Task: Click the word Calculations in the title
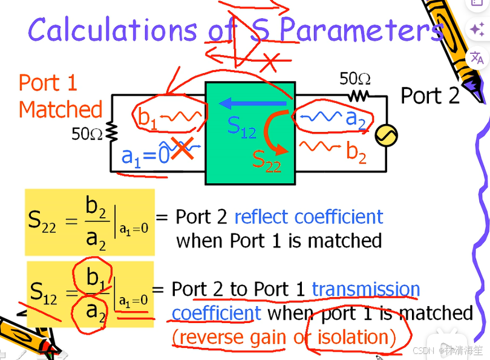(113, 30)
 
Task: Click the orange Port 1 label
(48, 83)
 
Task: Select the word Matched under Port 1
(60, 110)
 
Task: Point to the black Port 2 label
(430, 96)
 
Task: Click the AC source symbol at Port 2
(386, 136)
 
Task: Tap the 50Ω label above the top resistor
(354, 79)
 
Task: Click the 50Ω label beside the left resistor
(87, 134)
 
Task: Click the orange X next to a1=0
(182, 149)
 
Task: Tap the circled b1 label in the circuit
(148, 117)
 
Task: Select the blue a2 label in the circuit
(356, 119)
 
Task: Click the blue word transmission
(365, 289)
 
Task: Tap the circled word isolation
(353, 336)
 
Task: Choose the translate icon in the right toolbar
(477, 57)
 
